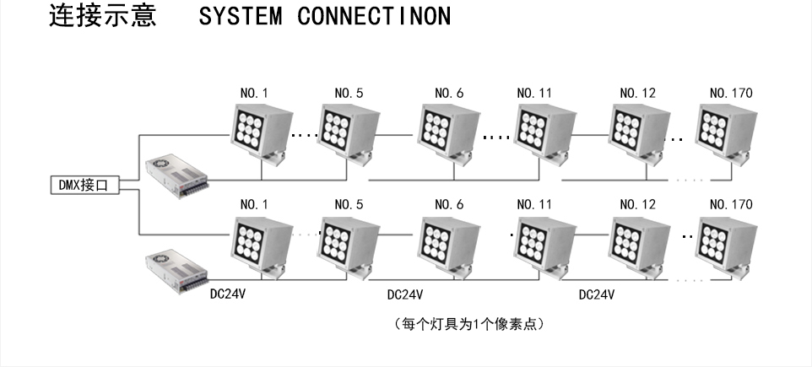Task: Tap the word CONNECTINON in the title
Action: coord(374,17)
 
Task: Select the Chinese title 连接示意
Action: coord(103,17)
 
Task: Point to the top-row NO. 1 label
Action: coord(254,93)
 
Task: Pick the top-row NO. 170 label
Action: coord(731,93)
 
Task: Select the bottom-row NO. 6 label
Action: coord(449,205)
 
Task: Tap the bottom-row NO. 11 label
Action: coord(536,205)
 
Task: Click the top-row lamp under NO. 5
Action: coord(348,131)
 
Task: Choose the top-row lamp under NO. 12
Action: coord(636,131)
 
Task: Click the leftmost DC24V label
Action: coord(227,294)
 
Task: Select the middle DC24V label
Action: coord(404,295)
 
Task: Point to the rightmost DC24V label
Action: coord(596,295)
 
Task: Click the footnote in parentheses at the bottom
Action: coord(468,324)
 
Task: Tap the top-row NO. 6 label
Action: coord(449,93)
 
